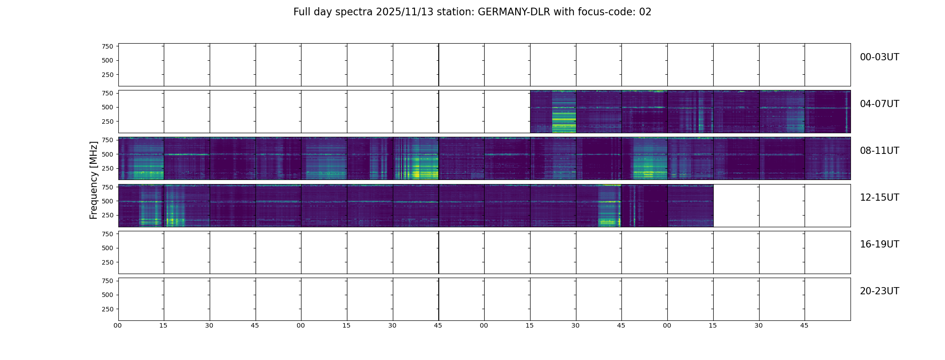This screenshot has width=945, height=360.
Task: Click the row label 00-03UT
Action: click(879, 57)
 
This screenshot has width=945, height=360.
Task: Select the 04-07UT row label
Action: click(879, 104)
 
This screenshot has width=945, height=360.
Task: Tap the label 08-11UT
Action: click(879, 151)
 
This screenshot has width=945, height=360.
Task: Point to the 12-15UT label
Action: click(879, 198)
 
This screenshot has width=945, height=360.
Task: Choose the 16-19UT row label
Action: click(879, 244)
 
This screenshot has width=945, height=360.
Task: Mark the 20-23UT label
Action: click(879, 291)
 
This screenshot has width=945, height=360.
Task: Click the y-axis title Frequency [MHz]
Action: click(94, 180)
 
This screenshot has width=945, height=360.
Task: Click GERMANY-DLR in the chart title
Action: click(514, 12)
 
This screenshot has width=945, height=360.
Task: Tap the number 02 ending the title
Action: click(645, 12)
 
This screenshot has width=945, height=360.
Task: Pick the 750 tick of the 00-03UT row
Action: click(108, 46)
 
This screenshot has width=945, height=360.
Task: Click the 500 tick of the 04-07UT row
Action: click(108, 107)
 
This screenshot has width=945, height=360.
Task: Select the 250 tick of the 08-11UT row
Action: click(108, 168)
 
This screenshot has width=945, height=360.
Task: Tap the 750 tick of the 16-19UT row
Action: click(108, 234)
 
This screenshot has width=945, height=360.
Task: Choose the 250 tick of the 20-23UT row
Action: click(108, 309)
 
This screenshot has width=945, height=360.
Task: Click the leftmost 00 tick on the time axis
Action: click(117, 325)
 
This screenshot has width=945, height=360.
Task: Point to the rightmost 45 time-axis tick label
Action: click(804, 325)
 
